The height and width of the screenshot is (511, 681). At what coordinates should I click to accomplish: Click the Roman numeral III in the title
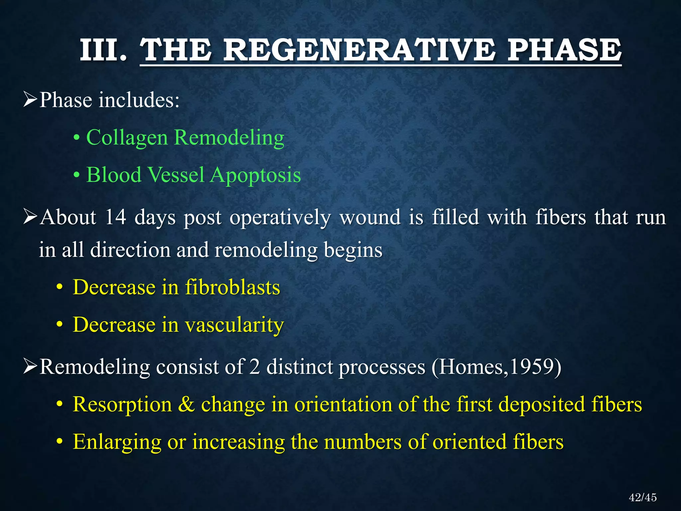[x=103, y=51]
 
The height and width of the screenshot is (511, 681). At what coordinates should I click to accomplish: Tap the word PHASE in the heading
[x=564, y=51]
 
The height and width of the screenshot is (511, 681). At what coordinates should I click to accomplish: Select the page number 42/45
[x=642, y=497]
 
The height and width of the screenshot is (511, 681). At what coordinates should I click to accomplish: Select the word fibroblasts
[x=232, y=287]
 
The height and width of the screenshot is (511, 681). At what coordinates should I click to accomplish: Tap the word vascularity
[x=234, y=325]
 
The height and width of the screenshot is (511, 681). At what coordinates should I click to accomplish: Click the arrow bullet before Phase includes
[x=30, y=100]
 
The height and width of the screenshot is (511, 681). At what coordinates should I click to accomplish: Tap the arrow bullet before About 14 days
[x=30, y=218]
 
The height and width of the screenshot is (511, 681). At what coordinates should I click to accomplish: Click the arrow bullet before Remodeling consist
[x=30, y=367]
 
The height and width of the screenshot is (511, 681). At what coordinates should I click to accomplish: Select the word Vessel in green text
[x=176, y=175]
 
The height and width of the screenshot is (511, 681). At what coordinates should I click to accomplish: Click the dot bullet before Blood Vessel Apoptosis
[x=77, y=175]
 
